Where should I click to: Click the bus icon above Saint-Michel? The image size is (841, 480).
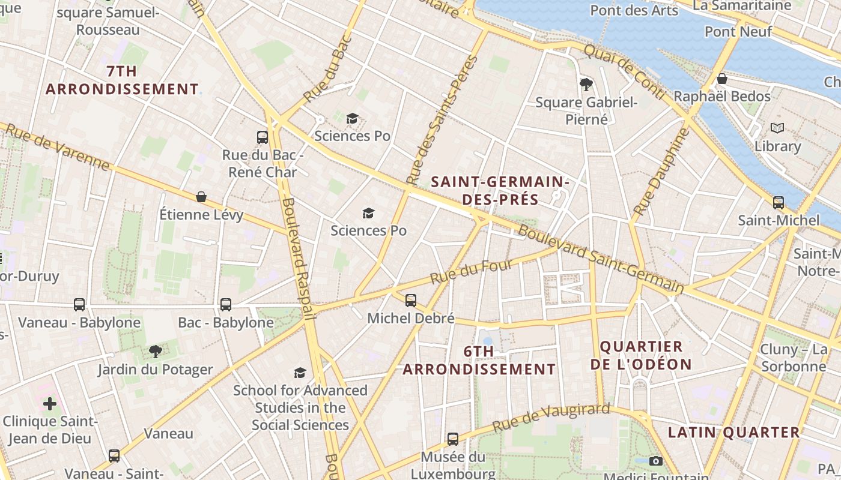point(779,202)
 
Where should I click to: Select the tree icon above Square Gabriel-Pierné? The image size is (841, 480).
point(586,84)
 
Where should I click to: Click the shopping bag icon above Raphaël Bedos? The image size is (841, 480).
point(722,79)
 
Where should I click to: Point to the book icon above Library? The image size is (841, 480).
point(777,128)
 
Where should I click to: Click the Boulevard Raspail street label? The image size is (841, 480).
point(298,258)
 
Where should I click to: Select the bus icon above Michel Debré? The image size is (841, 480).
point(411,300)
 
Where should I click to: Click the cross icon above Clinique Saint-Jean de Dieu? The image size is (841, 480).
point(50,403)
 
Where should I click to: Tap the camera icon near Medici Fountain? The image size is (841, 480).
point(656,461)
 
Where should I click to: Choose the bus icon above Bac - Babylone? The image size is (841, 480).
point(226,304)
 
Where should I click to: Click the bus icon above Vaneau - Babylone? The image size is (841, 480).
point(79,304)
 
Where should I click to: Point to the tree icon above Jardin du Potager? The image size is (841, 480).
point(156,351)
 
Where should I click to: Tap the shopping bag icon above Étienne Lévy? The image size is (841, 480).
point(201,196)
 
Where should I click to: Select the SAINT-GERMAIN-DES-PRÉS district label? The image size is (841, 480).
point(500,190)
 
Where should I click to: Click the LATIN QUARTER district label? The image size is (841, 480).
point(733,432)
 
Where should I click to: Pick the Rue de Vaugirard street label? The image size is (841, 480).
point(551,418)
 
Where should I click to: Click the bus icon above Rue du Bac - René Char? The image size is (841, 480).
point(263,137)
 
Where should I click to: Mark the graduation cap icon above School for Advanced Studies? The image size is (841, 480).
point(300,373)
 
